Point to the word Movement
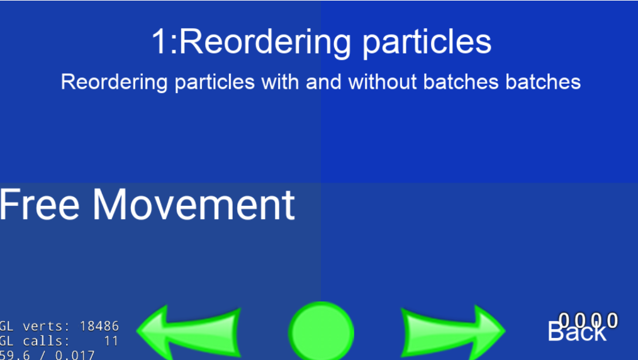point(193,205)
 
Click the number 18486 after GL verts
point(99,326)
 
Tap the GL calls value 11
point(111,341)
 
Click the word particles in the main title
point(426,42)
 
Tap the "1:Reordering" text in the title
point(251,42)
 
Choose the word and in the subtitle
point(325,82)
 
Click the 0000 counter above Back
point(589,321)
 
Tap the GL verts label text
point(35,326)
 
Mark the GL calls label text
point(35,341)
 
